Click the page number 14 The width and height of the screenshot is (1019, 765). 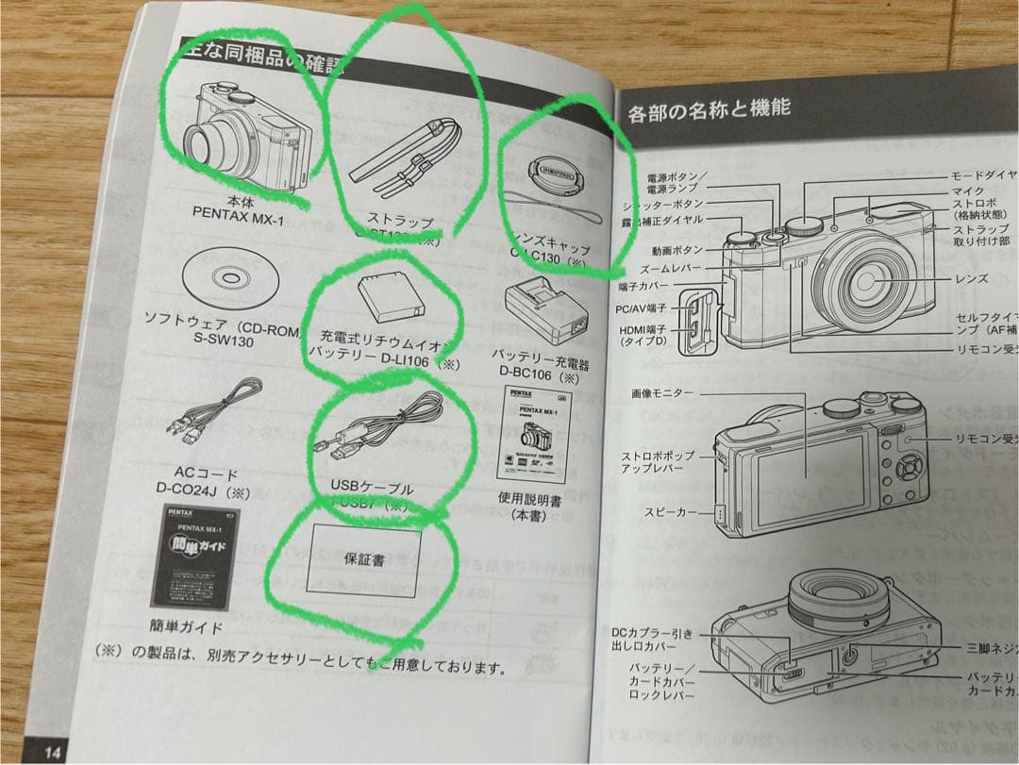click(x=53, y=751)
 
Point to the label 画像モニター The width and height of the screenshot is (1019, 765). click(x=663, y=393)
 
